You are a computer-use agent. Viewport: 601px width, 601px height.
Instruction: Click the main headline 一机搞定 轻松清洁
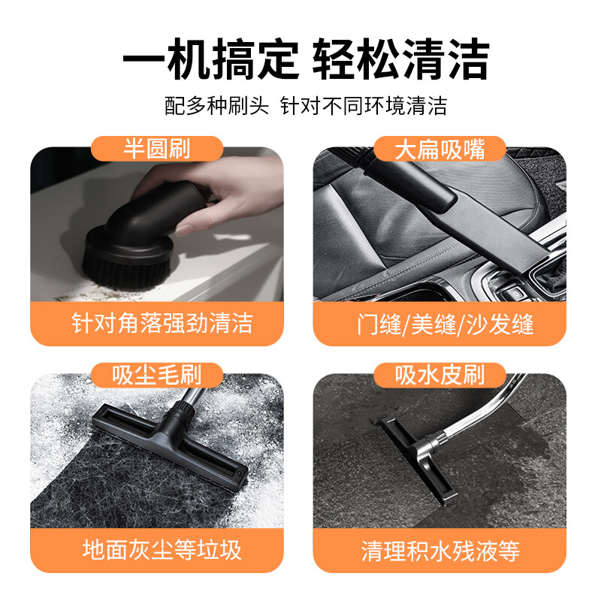pos(306,59)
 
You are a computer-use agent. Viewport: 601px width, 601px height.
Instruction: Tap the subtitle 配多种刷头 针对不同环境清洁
pos(306,105)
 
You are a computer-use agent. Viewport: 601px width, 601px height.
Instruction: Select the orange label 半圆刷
pos(157,149)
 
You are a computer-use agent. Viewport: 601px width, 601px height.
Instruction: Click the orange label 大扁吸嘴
pos(439,149)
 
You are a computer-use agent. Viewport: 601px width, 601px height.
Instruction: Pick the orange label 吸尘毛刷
pos(157,375)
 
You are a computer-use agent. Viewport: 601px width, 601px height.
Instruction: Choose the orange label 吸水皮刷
pos(439,375)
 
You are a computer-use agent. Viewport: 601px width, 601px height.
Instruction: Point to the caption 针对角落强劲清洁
pos(162,323)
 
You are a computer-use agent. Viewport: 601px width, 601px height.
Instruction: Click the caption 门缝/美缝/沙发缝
pos(445,325)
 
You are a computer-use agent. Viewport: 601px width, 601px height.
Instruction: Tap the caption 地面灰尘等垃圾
pos(162,550)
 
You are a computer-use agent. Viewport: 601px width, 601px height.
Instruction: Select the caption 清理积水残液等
pos(440,551)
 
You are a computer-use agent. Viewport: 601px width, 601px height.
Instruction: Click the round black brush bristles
pos(125,271)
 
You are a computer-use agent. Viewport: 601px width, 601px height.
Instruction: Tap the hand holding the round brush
pos(215,192)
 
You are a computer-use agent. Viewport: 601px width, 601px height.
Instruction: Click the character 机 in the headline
pos(190,59)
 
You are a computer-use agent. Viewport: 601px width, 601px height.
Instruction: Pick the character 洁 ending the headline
pos(467,59)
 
